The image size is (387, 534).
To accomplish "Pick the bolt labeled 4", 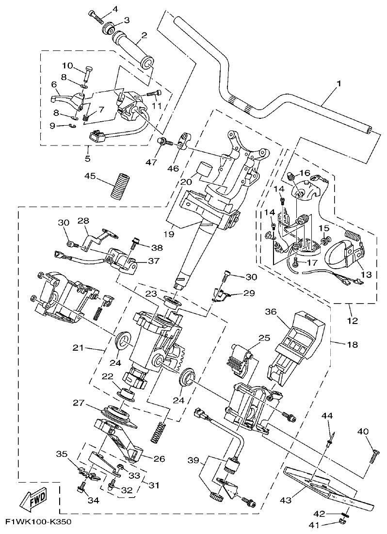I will (96, 16).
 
